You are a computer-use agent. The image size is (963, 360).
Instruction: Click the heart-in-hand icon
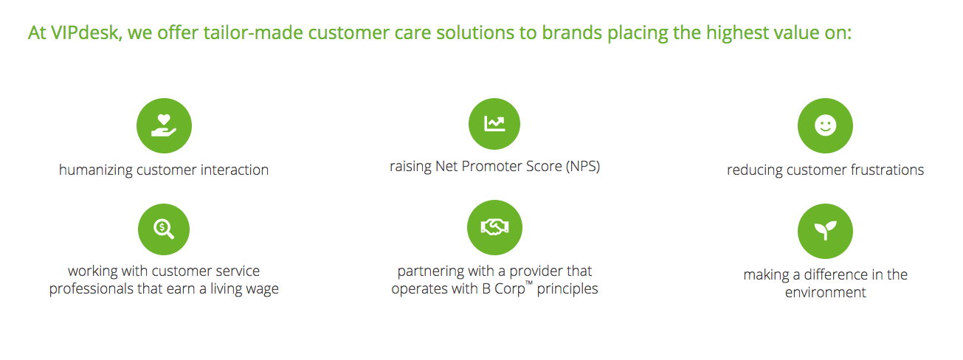pos(164,125)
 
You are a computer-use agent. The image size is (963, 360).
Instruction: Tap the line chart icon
pos(494,124)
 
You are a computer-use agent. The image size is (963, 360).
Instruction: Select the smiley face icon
pos(826,125)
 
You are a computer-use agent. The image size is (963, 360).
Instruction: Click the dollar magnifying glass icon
pos(164,229)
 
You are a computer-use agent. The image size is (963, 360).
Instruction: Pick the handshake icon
pos(494,227)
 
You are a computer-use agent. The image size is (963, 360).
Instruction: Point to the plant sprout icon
pos(826,231)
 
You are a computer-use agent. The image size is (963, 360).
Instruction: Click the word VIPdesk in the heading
pos(86,33)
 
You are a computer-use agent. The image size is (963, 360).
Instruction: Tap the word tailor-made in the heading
pos(253,33)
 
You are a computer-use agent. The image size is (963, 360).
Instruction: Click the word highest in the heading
pos(737,33)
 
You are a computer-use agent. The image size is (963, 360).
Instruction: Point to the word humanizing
pos(96,170)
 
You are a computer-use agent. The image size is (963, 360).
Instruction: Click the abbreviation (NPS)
pos(582,166)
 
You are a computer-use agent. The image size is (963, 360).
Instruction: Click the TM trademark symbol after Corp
pos(529,283)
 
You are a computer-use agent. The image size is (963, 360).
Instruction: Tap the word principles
pos(567,289)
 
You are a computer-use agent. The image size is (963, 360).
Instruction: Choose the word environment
pos(826,293)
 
